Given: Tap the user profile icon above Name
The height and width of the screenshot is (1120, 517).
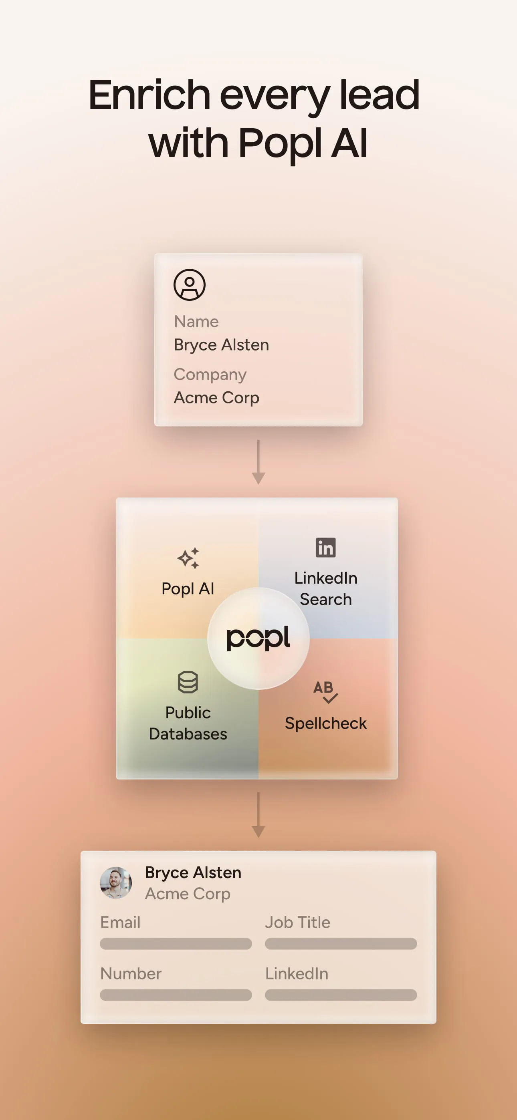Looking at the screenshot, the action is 189,285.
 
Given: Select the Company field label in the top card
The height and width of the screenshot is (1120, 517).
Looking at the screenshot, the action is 210,375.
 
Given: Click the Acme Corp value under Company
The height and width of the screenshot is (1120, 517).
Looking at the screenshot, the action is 217,398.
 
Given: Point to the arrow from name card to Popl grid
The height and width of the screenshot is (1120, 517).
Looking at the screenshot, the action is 258,462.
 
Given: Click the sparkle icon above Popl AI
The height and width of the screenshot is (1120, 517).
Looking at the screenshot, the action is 188,558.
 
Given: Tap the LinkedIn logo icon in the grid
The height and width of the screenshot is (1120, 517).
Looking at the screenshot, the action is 325,548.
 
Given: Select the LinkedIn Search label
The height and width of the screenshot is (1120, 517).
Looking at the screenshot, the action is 325,589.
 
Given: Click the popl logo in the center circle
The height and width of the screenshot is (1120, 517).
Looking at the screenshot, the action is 258,638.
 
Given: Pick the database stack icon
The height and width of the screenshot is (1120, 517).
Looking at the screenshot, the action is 188,682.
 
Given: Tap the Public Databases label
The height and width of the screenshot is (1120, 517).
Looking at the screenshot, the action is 188,723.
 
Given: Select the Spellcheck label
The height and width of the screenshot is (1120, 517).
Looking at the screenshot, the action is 325,723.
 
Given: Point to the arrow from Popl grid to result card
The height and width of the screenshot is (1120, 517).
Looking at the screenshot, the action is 258,814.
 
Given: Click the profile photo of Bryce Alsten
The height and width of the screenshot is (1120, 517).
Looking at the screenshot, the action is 116,882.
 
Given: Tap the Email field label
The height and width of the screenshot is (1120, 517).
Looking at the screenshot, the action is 120,922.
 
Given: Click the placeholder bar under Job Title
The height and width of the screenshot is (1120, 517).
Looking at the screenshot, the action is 341,943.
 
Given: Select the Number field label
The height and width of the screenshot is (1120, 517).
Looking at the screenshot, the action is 131,973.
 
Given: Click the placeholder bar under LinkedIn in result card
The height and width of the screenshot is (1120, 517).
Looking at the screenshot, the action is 341,995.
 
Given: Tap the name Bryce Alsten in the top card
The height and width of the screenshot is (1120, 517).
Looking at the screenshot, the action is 222,345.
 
